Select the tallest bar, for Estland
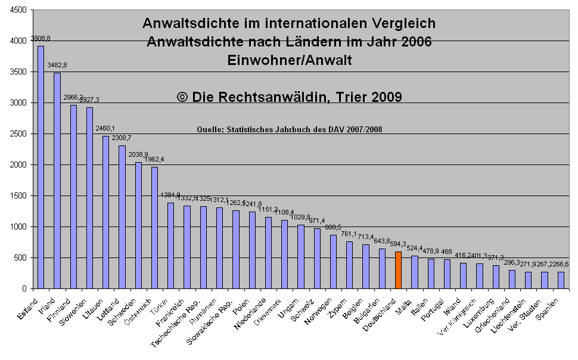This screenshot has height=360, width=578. tap(41, 167)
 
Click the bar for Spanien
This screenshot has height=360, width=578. tap(561, 280)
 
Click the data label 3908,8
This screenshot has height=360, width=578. tap(41, 39)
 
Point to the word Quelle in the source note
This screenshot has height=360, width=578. tap(208, 128)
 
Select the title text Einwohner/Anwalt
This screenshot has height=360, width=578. tap(289, 60)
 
